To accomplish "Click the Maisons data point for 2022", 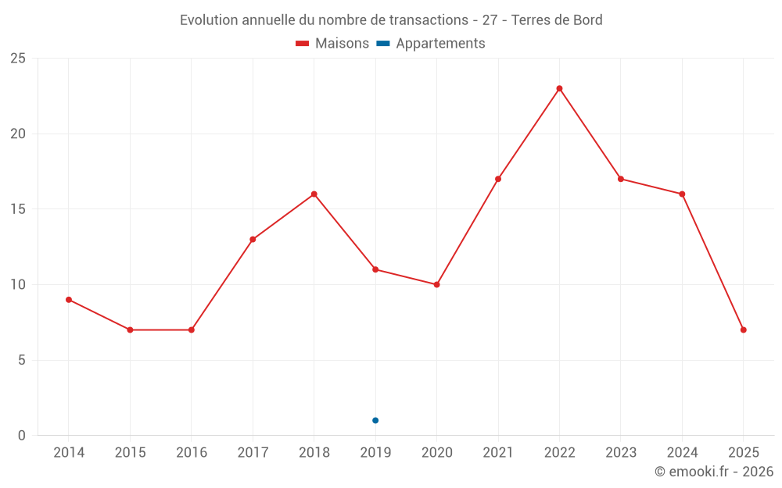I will point(559,88).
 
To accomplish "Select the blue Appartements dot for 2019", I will point(375,420).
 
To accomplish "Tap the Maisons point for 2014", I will point(69,300).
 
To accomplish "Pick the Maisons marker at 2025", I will point(743,329).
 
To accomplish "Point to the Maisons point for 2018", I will point(314,194).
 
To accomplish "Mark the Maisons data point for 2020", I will point(436,284).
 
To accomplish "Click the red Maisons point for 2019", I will point(375,269).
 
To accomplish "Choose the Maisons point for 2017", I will point(253,239).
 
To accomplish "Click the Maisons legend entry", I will point(332,44).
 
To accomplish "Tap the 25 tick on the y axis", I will point(18,59).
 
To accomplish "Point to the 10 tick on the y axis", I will point(18,284).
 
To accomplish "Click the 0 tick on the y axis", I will point(22,436).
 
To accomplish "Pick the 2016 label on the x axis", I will point(192,453).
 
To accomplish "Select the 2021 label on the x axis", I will point(498,453).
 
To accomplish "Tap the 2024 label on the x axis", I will point(682,453).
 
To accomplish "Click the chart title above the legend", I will point(391,20).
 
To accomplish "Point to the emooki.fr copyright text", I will point(714,472).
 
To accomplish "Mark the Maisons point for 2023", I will point(620,179).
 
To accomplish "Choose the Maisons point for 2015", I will point(130,329).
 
